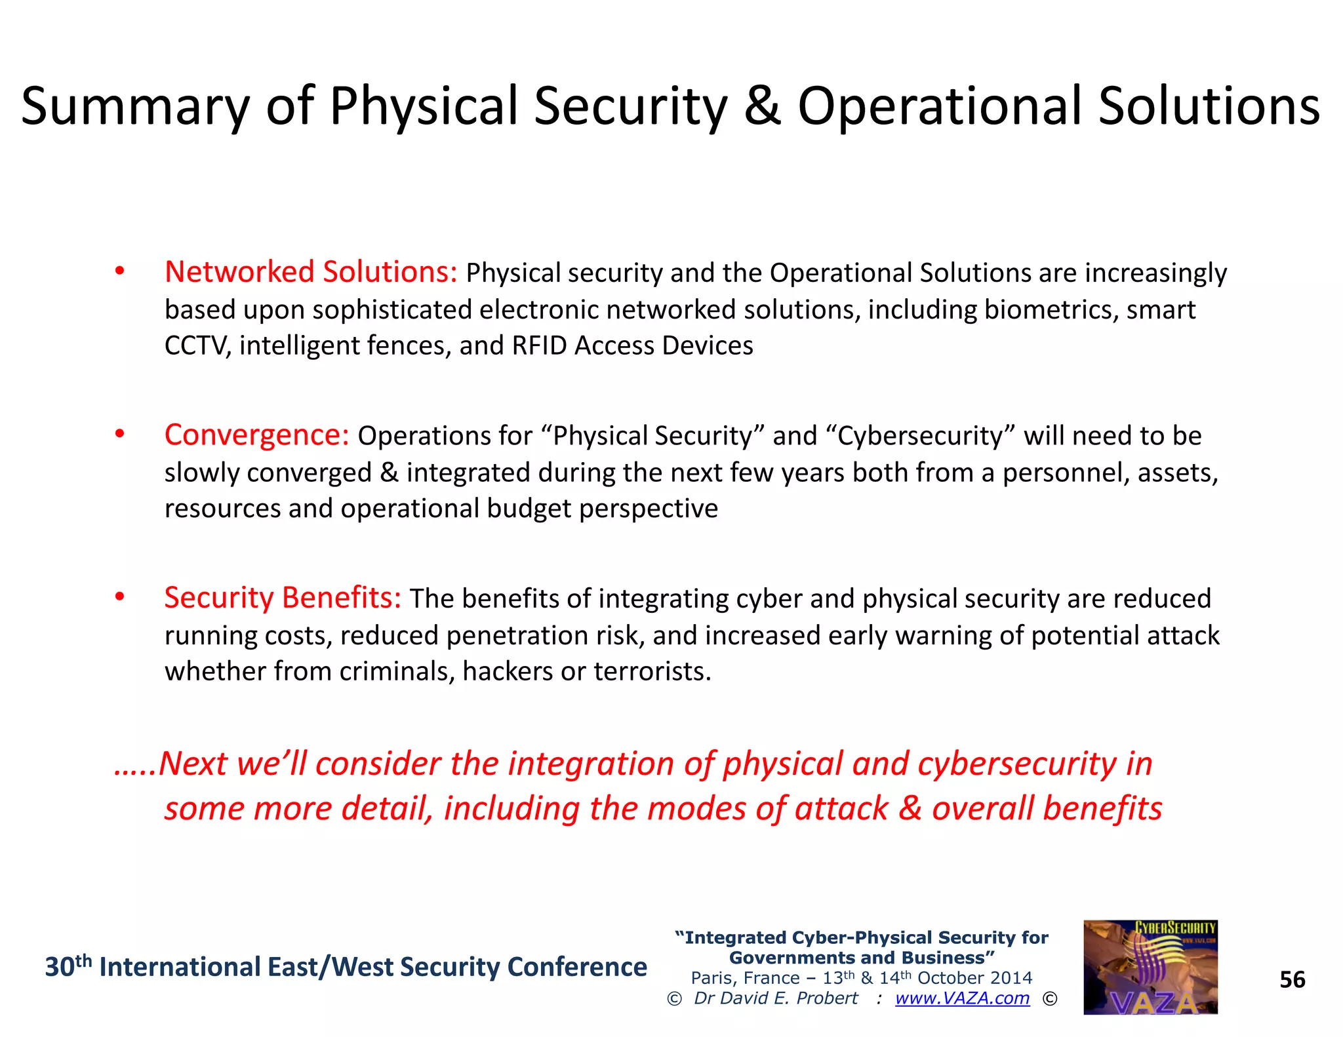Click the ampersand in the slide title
click(x=763, y=107)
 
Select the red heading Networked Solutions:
click(x=311, y=272)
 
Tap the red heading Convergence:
click(x=256, y=435)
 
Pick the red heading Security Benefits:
click(x=283, y=598)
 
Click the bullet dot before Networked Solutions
click(x=119, y=271)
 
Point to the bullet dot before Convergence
click(x=119, y=434)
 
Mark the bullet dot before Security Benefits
click(x=119, y=597)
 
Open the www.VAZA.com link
click(x=962, y=998)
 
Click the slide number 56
click(x=1293, y=980)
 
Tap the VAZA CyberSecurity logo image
click(x=1150, y=968)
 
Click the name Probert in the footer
click(x=827, y=998)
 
